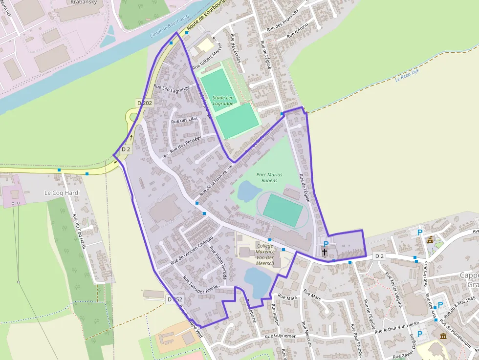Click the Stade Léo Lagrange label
click(223, 101)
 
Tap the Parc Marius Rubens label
click(269, 177)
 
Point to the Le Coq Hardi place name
click(62, 192)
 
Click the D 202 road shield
click(145, 103)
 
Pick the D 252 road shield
click(174, 299)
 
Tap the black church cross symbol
click(325, 252)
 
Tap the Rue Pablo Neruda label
click(218, 262)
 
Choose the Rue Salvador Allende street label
click(202, 285)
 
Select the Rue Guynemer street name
click(280, 337)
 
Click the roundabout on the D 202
click(132, 117)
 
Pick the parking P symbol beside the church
click(326, 243)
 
